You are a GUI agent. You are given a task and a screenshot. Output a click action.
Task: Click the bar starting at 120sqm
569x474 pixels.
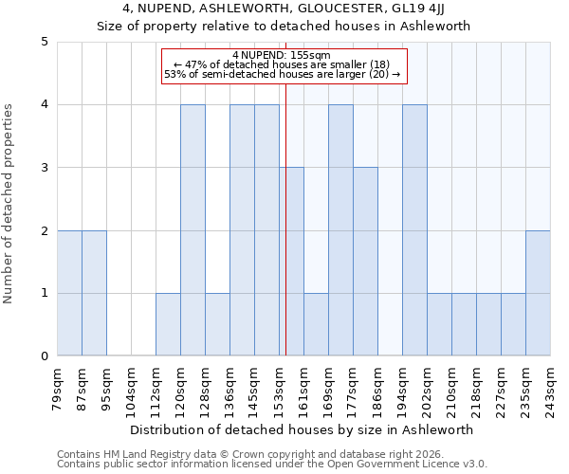[x=193, y=230]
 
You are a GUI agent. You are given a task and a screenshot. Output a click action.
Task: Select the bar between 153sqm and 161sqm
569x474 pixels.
[x=291, y=262]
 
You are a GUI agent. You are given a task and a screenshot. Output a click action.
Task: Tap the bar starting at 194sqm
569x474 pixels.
[x=414, y=230]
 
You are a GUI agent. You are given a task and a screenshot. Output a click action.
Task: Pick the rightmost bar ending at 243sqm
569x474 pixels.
[x=538, y=293]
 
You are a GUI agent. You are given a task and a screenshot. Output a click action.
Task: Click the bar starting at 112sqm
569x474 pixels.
[x=168, y=324]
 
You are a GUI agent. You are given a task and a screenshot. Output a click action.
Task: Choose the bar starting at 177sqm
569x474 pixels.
[x=365, y=262]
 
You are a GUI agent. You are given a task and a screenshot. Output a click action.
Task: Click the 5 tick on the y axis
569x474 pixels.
[x=44, y=42]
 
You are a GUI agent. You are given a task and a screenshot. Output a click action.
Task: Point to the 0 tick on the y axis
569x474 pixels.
[x=44, y=356]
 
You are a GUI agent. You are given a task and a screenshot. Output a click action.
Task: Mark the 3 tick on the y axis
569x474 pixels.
[x=44, y=168]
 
